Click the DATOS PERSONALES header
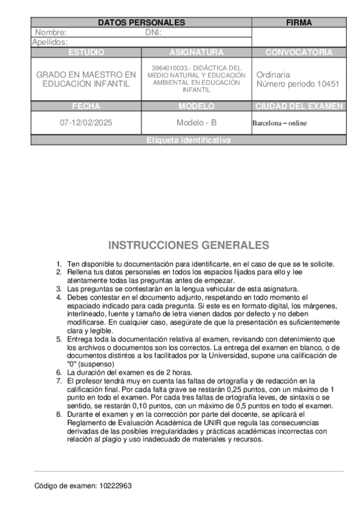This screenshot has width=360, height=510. click(141, 22)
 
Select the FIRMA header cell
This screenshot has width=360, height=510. click(299, 22)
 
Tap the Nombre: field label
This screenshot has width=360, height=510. click(51, 32)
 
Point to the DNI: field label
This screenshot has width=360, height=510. click(154, 32)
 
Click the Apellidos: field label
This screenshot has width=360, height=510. click(49, 42)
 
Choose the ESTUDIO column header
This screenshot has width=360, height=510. click(86, 53)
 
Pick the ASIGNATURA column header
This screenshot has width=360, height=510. click(197, 53)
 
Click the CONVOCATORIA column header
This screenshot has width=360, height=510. click(299, 53)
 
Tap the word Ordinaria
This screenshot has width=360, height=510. click(273, 75)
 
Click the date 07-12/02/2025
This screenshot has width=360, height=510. click(86, 123)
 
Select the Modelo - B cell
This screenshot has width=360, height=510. click(197, 123)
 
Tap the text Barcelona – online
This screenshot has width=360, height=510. click(279, 123)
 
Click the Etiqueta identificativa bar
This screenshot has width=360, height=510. click(188, 140)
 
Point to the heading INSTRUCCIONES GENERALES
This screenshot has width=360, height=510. click(188, 245)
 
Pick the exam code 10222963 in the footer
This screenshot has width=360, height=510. click(116, 486)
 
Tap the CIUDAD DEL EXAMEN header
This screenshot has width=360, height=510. click(299, 106)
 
